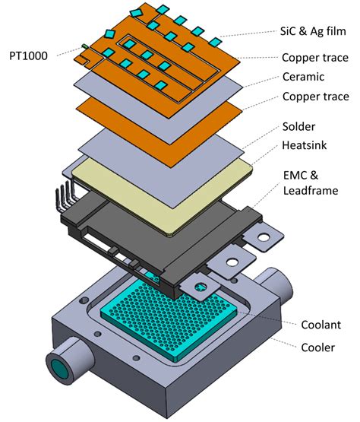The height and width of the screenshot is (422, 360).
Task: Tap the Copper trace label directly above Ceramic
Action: (314, 57)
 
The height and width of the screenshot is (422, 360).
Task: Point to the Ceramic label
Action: (302, 77)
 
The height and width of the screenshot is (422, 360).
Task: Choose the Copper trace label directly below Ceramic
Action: (314, 97)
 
